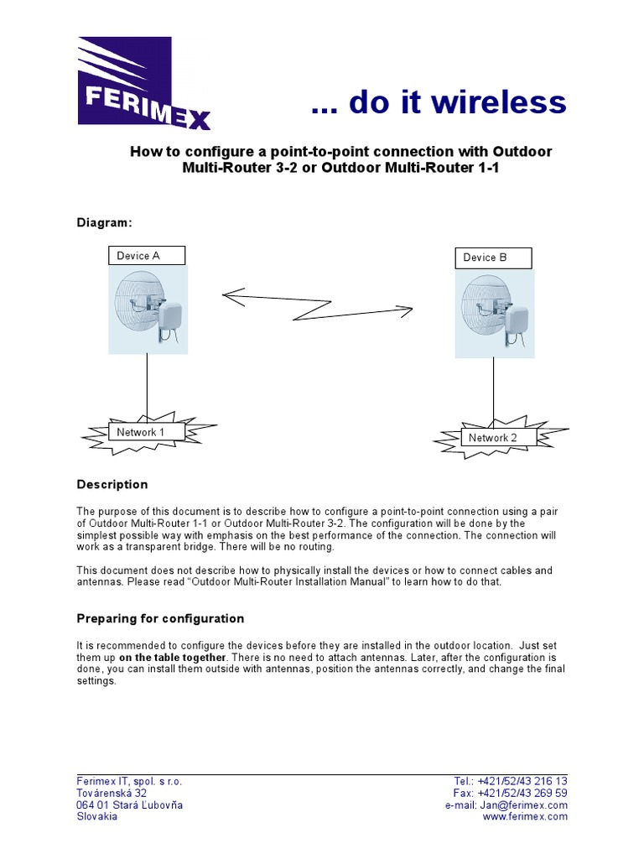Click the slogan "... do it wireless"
[x=438, y=102]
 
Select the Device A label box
[x=147, y=256]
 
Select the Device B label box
[x=493, y=258]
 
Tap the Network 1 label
[x=140, y=432]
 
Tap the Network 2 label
[x=493, y=438]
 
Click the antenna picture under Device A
[x=148, y=309]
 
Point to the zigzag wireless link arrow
[x=317, y=305]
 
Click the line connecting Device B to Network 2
[x=493, y=390]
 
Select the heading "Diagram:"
[x=104, y=222]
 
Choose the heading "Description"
[x=112, y=484]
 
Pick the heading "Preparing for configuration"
[x=160, y=618]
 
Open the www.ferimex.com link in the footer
[x=525, y=816]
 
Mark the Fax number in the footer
[x=522, y=793]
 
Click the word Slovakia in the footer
[x=97, y=816]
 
